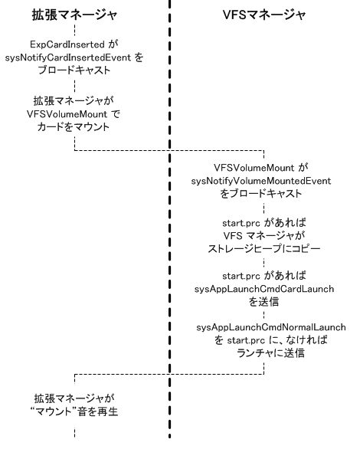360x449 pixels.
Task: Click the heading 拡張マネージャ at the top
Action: coord(74,15)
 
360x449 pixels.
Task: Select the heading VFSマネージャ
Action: coord(264,15)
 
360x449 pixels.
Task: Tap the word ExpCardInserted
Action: coord(67,44)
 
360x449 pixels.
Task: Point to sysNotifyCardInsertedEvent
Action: coord(68,57)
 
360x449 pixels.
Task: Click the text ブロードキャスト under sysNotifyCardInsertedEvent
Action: coord(74,70)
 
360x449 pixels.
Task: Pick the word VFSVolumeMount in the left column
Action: coord(67,114)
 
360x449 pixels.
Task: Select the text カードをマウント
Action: coord(74,127)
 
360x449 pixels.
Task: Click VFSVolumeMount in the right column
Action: coord(254,168)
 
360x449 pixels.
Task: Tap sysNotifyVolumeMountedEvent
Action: coord(261,181)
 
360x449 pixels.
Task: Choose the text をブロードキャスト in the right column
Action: coord(261,194)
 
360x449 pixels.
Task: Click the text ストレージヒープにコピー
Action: coord(263,248)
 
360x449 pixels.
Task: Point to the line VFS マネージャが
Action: coord(263,236)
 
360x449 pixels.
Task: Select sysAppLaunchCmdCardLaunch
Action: coord(264,289)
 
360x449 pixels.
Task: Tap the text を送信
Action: coord(263,302)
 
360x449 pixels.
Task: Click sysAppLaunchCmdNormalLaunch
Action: coord(271,327)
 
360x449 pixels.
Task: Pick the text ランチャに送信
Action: coord(270,352)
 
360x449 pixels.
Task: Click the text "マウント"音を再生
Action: coord(74,411)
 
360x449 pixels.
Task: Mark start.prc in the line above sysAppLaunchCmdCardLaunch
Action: coord(241,276)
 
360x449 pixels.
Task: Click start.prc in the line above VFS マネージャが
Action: coord(241,223)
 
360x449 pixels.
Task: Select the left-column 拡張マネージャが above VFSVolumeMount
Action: coord(74,101)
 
